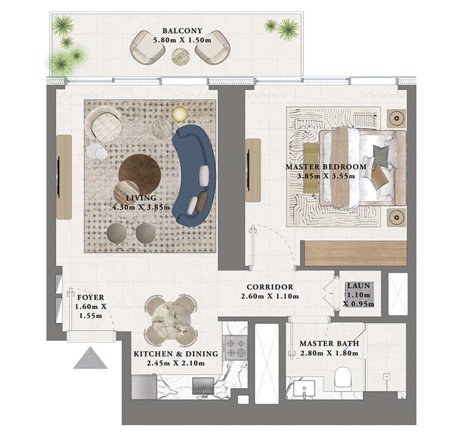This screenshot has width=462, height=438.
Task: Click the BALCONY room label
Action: click(182, 31)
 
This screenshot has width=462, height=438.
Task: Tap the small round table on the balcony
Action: click(180, 56)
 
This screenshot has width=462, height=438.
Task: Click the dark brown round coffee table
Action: click(139, 171)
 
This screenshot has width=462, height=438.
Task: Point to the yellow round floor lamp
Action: click(180, 114)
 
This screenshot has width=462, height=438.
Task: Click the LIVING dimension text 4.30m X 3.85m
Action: click(142, 207)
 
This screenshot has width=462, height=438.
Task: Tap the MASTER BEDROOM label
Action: click(326, 167)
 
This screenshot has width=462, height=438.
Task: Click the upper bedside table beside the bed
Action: click(396, 117)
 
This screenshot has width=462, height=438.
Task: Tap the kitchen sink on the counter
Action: click(203, 385)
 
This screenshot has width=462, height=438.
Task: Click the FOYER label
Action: click(91, 297)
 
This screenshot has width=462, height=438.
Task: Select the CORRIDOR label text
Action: click(270, 287)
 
